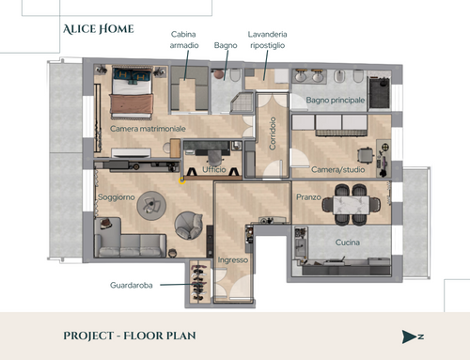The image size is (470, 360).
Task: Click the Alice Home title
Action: click(x=99, y=29)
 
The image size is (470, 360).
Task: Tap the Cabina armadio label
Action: click(x=184, y=39)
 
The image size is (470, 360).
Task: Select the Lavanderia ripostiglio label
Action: click(x=267, y=39)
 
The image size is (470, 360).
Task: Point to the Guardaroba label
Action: click(x=132, y=285)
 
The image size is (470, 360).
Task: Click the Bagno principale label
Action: click(x=336, y=101)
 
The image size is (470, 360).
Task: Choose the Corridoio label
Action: click(x=273, y=133)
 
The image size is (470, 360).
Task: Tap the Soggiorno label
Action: click(x=117, y=197)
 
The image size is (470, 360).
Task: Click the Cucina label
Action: click(x=348, y=243)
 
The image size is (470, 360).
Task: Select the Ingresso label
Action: click(x=233, y=260)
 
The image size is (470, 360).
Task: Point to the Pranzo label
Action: click(x=308, y=197)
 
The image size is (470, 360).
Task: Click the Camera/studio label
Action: click(x=338, y=169)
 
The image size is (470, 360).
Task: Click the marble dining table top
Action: click(x=352, y=205)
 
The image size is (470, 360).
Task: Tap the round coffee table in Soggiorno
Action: click(x=151, y=206)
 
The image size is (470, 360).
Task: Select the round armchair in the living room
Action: click(x=189, y=225)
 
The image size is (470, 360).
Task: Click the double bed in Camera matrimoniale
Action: click(x=132, y=93)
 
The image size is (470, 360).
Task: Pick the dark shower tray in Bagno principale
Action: click(x=380, y=93)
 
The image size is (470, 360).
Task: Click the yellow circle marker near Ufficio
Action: click(x=181, y=180)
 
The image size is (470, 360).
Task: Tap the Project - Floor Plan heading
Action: click(x=130, y=336)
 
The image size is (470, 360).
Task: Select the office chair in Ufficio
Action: click(x=214, y=157)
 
